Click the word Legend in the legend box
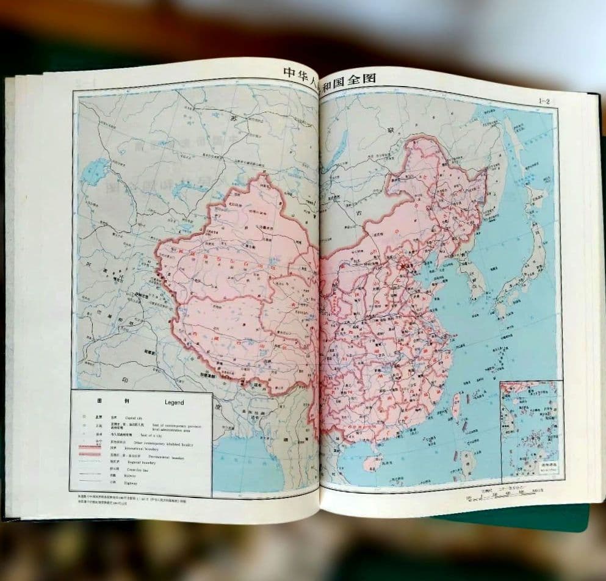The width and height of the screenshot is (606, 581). pyautogui.click(x=174, y=403)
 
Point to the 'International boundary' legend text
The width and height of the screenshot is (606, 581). pyautogui.click(x=146, y=448)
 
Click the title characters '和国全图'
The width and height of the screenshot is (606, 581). pyautogui.click(x=352, y=78)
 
